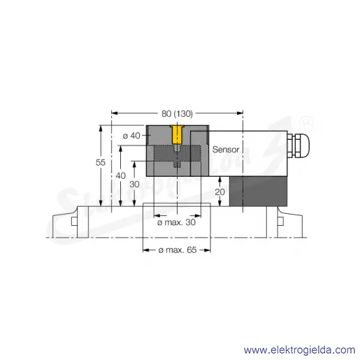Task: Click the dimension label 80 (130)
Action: pyautogui.click(x=177, y=114)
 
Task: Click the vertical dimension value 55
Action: pyautogui.click(x=101, y=162)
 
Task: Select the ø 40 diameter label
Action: pyautogui.click(x=131, y=136)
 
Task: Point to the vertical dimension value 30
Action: pyautogui.click(x=134, y=185)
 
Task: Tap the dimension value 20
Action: pyautogui.click(x=219, y=192)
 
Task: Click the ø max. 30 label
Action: pyautogui.click(x=176, y=222)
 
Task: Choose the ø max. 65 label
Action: pyautogui.click(x=178, y=250)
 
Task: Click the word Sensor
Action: pyautogui.click(x=226, y=150)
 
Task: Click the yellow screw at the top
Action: pyautogui.click(x=178, y=134)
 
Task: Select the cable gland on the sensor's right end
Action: pyautogui.click(x=298, y=145)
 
